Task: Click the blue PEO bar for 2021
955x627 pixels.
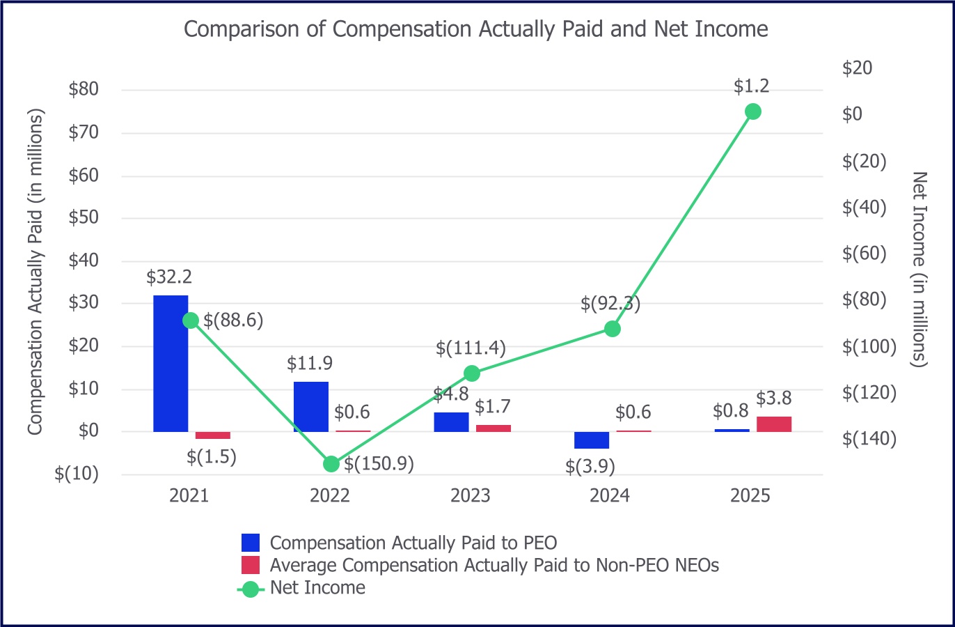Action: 171,363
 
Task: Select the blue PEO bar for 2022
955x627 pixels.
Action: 311,406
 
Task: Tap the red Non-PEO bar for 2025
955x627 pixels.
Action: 774,424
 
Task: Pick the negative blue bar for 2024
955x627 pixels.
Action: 592,440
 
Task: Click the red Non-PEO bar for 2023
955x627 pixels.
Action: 494,428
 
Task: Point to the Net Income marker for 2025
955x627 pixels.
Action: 752,111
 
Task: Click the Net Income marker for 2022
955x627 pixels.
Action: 331,464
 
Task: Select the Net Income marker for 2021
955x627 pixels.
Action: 190,320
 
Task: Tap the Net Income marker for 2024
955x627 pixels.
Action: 613,329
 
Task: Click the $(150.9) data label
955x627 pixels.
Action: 379,464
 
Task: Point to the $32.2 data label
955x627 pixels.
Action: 169,277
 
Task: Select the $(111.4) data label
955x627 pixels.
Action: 471,348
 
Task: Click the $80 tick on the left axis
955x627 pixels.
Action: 84,90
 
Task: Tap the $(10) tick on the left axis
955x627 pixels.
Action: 77,474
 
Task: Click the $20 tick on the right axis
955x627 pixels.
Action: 857,68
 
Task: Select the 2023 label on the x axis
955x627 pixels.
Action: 471,496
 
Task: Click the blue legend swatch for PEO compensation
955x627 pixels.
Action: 251,543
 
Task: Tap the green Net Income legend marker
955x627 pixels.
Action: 251,589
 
